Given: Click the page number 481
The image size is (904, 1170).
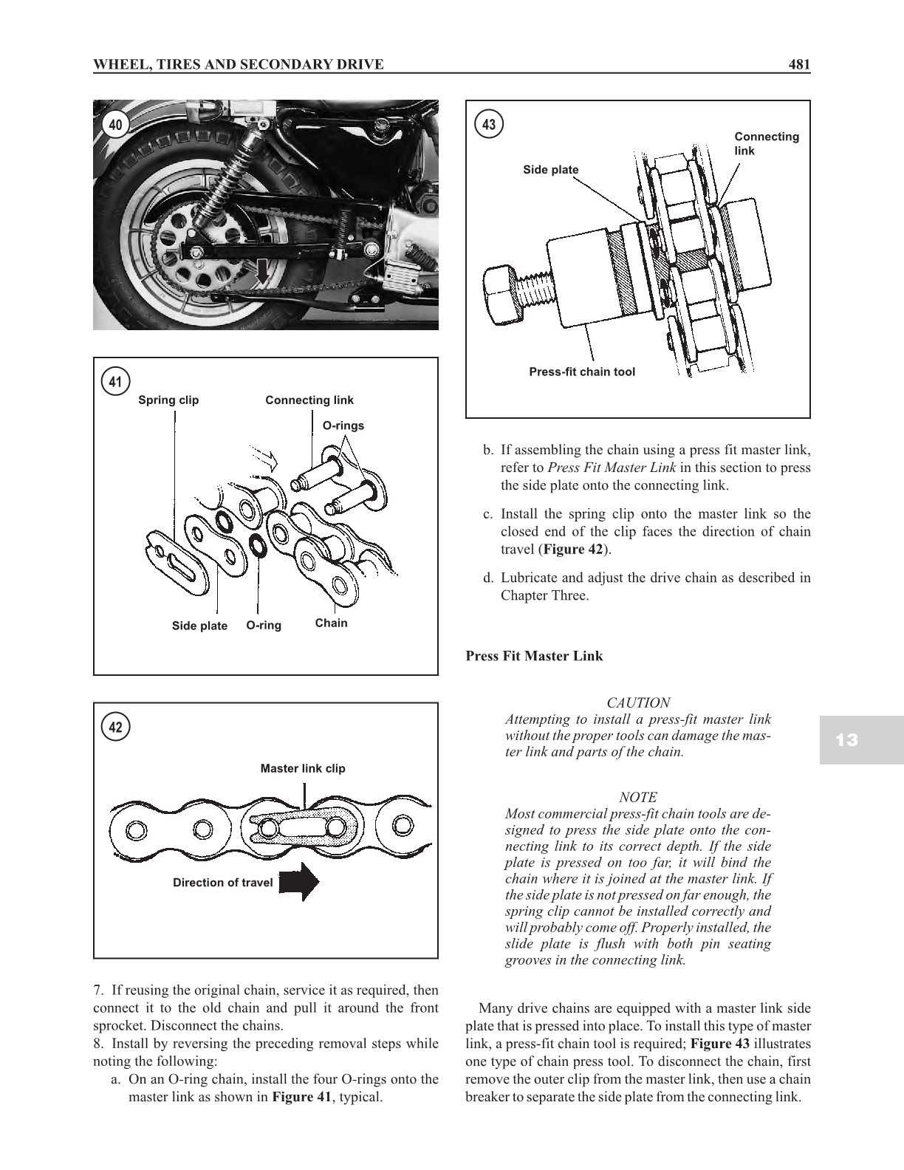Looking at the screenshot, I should coord(799,64).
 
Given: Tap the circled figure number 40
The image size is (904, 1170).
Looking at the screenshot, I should coord(115,125).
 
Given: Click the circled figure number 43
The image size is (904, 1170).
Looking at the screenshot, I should coord(488,125).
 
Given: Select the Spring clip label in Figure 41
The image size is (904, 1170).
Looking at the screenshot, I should coord(168,400).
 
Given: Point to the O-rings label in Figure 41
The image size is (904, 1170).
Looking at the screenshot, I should coord(343,425).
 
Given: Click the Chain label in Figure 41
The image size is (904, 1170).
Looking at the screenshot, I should coord(331,623).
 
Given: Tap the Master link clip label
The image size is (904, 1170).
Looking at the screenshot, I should coord(303,768).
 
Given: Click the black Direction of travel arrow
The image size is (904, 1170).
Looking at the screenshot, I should coord(299,882).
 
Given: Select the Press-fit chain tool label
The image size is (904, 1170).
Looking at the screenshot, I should coord(582,372).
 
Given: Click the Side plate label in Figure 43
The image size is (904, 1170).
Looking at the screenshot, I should coord(551,170).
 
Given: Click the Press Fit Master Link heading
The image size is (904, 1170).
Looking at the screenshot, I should coord(534,656).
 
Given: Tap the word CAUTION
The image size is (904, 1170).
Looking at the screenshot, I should coord(638,702).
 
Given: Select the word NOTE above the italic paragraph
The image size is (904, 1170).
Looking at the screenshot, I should coord(638,797).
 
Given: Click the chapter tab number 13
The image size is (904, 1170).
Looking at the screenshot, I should coord(848,740).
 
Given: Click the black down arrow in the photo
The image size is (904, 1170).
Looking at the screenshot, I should coord(263,273).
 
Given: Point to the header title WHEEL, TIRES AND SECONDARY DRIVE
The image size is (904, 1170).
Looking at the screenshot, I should coord(238,64).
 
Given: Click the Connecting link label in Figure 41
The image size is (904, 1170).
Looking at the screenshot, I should coord(309,400).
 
